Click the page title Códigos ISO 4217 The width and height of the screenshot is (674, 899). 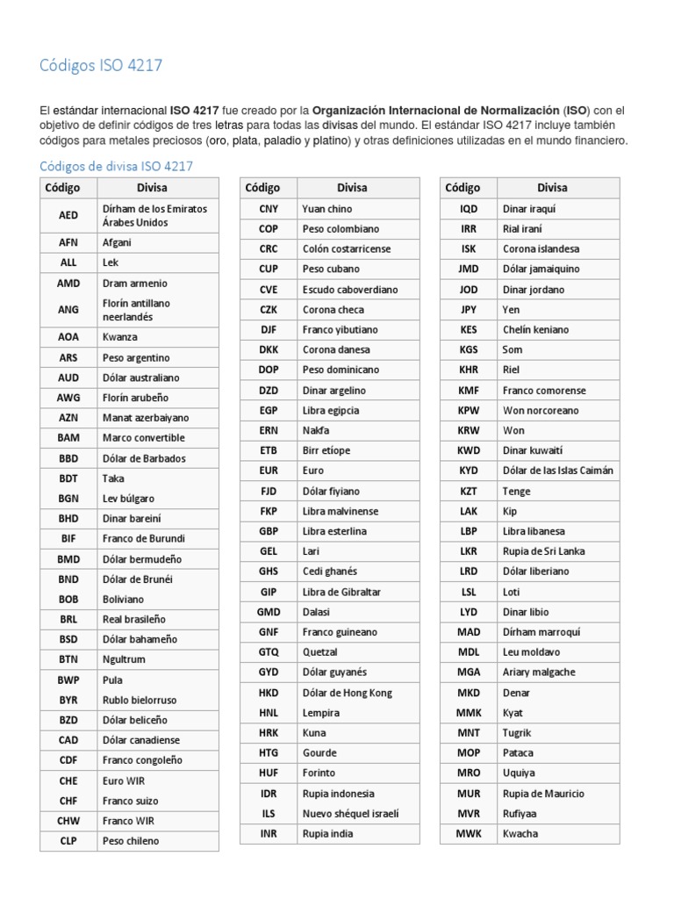click(x=101, y=66)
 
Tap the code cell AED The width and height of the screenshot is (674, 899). click(x=68, y=215)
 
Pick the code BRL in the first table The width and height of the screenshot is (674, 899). click(x=68, y=619)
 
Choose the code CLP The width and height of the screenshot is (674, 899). click(x=68, y=841)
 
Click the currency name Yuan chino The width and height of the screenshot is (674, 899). click(x=326, y=209)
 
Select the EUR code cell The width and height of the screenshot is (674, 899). click(x=269, y=471)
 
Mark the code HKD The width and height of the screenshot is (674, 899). click(x=269, y=693)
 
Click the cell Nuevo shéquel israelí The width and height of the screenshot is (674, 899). click(x=349, y=814)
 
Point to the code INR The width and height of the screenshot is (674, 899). click(x=269, y=834)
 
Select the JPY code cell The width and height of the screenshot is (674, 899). click(x=469, y=310)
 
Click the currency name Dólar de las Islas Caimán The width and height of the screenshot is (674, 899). click(x=557, y=471)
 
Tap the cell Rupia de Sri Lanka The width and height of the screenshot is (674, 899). click(x=543, y=551)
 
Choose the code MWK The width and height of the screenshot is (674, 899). click(x=469, y=834)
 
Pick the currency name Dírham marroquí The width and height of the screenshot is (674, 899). click(x=541, y=632)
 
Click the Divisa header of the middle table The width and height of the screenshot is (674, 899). click(x=352, y=188)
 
